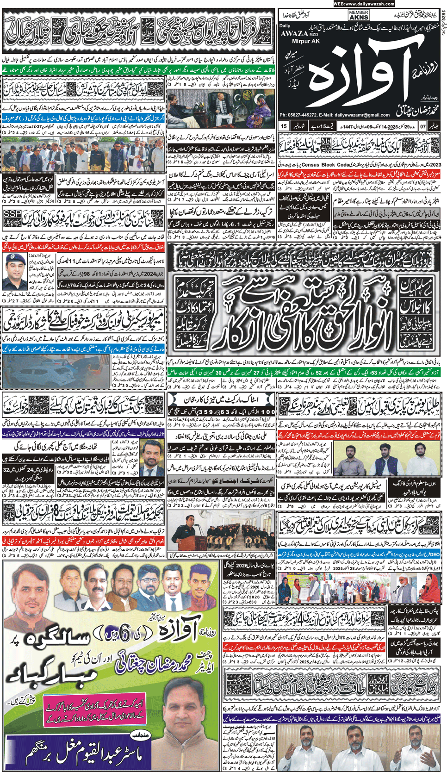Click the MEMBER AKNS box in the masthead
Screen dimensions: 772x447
(x=359, y=15)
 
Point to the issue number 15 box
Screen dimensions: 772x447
(x=284, y=126)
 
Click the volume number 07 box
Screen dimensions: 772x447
(x=422, y=126)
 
